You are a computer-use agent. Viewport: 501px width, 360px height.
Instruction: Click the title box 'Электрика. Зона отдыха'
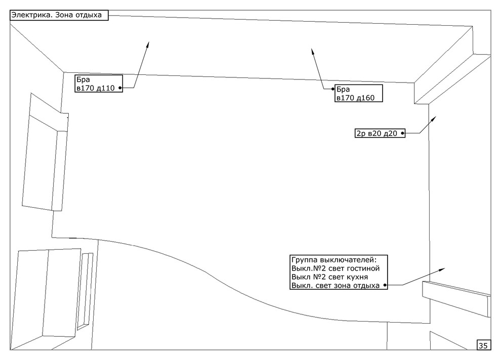(59, 15)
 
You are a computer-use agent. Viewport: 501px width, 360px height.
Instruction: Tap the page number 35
(483, 345)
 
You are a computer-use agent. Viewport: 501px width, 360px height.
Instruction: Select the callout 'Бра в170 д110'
(99, 83)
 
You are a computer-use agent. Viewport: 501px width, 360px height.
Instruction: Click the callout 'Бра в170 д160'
(358, 93)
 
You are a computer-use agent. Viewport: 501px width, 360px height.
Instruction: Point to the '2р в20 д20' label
(380, 133)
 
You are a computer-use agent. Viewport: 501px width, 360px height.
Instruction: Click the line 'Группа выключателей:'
(334, 259)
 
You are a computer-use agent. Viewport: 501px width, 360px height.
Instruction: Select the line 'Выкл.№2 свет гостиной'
(336, 268)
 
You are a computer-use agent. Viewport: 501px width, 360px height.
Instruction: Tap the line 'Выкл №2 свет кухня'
(330, 277)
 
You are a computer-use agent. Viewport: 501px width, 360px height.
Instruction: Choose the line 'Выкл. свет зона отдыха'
(336, 285)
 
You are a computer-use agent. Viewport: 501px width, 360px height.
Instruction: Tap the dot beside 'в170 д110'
(120, 88)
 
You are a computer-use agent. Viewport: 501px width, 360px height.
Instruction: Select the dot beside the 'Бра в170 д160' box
(332, 89)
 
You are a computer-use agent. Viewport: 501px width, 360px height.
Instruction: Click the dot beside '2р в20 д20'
(403, 133)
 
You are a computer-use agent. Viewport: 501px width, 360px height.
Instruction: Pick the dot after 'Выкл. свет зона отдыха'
(385, 285)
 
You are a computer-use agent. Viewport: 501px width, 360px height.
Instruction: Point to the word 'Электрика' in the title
(32, 15)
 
